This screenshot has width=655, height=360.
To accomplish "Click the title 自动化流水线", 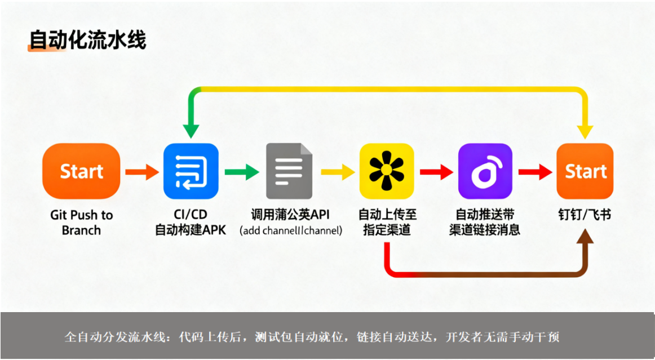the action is click(x=87, y=41).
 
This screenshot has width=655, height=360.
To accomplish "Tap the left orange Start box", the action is click(x=81, y=171).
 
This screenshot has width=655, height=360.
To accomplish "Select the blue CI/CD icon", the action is click(x=191, y=171).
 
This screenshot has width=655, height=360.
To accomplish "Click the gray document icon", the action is click(x=289, y=171).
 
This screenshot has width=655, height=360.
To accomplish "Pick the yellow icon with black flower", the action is click(x=387, y=171).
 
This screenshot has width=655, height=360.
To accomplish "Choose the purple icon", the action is click(x=485, y=171).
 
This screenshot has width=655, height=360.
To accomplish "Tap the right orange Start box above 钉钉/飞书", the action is click(x=585, y=171).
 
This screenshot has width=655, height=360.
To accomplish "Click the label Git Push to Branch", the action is click(x=81, y=223).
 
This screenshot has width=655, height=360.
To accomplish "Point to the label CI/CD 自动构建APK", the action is click(x=191, y=223).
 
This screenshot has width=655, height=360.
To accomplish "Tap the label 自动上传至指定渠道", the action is click(x=387, y=223).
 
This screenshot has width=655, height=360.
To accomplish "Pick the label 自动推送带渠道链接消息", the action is click(x=485, y=223).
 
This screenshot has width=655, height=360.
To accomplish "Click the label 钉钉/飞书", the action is click(x=585, y=215).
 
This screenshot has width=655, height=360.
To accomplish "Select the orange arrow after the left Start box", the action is click(x=141, y=171).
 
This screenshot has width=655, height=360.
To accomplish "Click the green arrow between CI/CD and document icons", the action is click(x=242, y=171).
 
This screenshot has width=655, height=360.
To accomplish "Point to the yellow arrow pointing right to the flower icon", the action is click(x=339, y=171).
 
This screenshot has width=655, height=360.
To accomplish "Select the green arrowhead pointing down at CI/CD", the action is click(x=191, y=130).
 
